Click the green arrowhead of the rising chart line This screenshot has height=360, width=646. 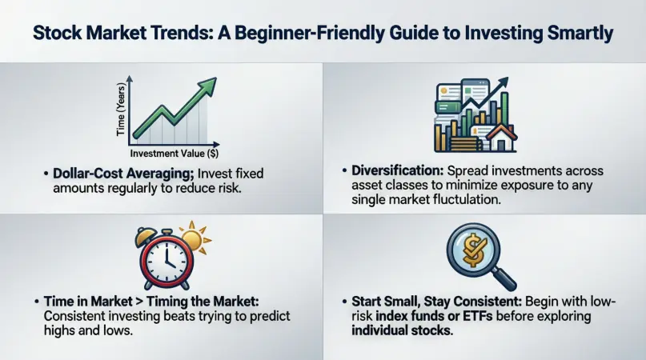(208, 85)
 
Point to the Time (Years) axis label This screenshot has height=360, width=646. (121, 110)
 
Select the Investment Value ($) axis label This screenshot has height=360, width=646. (175, 154)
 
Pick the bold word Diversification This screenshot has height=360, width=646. (397, 170)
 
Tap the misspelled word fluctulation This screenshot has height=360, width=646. (467, 200)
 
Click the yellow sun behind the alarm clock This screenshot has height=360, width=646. (195, 239)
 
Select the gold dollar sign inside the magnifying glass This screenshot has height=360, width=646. (472, 249)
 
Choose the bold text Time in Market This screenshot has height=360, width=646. (88, 301)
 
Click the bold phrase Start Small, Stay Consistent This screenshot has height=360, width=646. (437, 302)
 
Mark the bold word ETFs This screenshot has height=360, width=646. (478, 316)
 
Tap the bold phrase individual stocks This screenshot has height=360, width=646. (401, 330)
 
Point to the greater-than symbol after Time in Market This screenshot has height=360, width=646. (139, 302)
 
